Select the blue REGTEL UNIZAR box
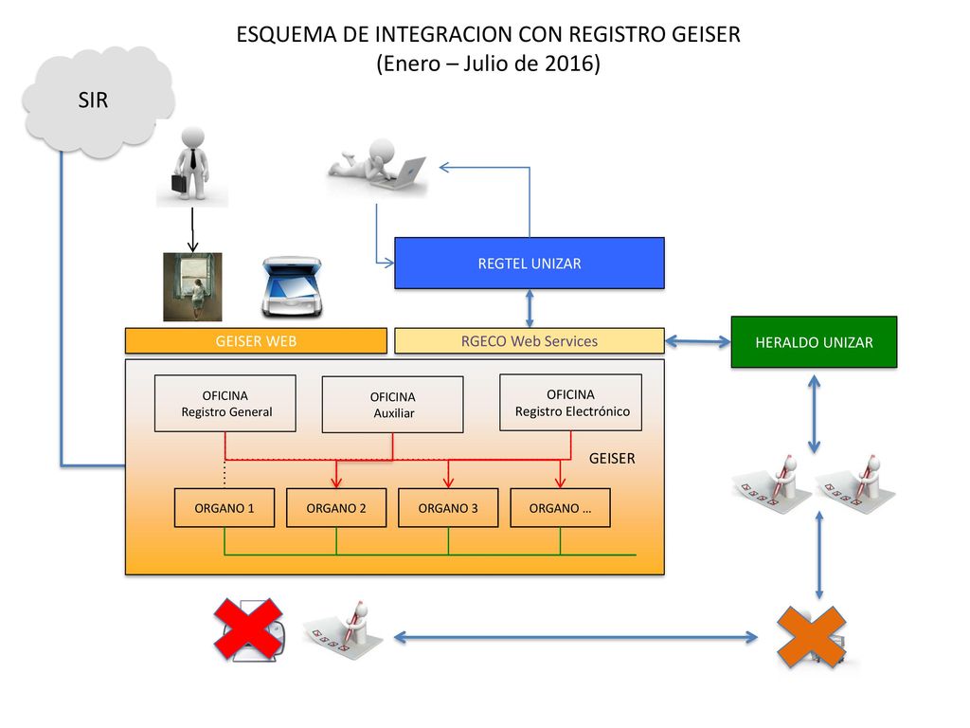[530, 264]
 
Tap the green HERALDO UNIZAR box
[814, 341]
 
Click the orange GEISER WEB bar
[256, 341]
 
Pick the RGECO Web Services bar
[530, 341]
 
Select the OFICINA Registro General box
[225, 404]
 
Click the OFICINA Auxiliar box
[393, 405]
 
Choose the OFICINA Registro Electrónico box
[571, 402]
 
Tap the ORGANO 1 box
[225, 508]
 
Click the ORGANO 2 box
[336, 508]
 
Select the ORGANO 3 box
[448, 508]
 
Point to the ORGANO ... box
[561, 508]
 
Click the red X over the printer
[249, 629]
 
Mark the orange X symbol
[811, 637]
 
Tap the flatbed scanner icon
[292, 287]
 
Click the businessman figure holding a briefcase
[192, 166]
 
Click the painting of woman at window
[192, 286]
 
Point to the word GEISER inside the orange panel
[612, 458]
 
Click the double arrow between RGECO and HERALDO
[698, 341]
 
